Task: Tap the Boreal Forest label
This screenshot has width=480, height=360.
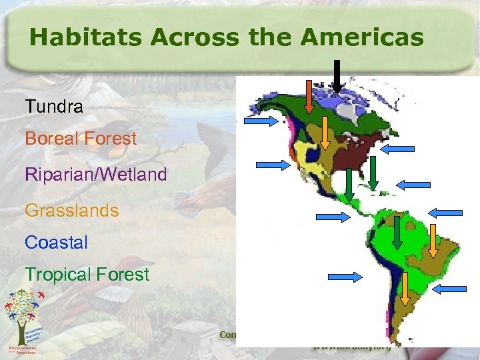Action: point(80,139)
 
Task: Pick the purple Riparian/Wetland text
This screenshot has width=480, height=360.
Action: point(95,175)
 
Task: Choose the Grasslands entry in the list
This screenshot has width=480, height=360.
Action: point(71,211)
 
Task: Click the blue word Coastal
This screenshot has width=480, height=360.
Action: point(56,243)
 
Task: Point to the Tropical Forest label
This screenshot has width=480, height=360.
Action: point(87,274)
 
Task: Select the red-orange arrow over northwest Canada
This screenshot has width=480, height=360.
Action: point(309,97)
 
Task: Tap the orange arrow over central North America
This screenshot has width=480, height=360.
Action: point(324,133)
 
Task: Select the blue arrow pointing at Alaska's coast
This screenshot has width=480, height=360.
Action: point(261,121)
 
